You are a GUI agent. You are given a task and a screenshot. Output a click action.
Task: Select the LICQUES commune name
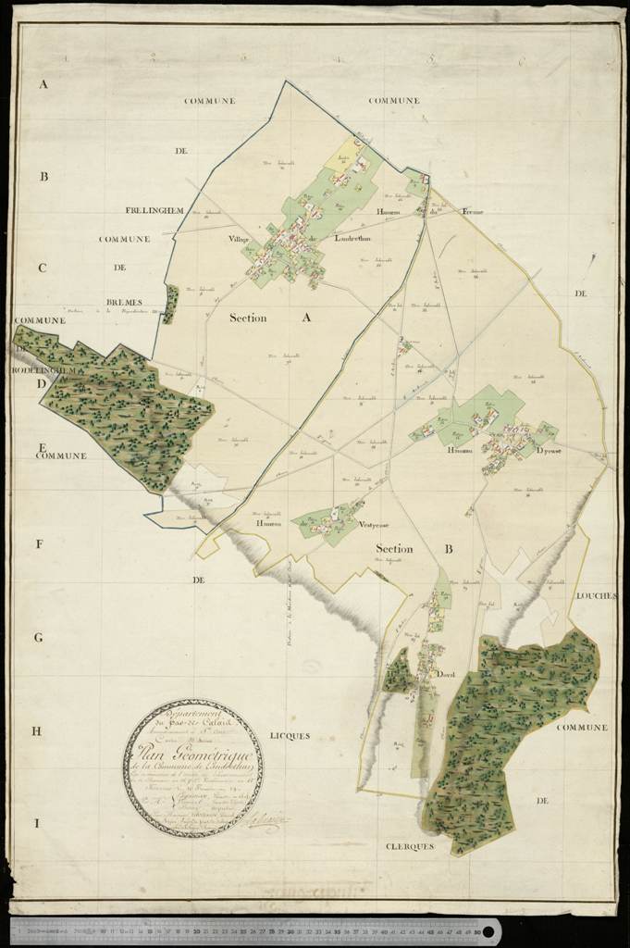(x=290, y=735)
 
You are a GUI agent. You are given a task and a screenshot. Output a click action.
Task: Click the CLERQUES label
(x=410, y=845)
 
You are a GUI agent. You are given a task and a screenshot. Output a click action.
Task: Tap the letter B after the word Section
(x=449, y=549)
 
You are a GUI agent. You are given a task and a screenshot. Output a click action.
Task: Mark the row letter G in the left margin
(x=40, y=638)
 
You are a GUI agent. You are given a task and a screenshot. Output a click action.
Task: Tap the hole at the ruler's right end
(x=487, y=929)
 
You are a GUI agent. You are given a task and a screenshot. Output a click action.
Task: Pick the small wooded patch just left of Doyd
(x=398, y=673)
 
